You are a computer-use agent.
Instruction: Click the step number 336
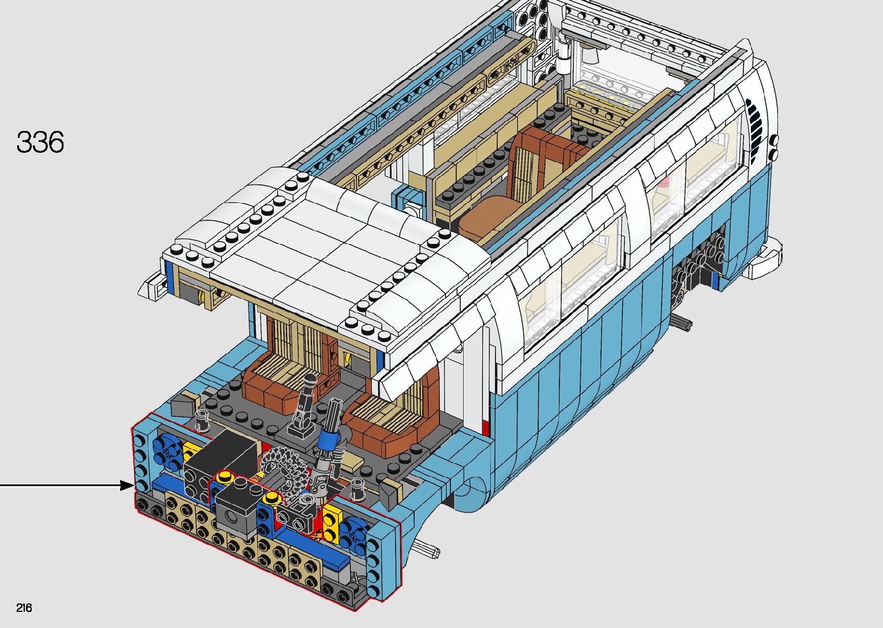pyautogui.click(x=40, y=142)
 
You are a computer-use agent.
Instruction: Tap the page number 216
pyautogui.click(x=24, y=607)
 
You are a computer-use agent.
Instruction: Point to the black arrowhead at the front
pyautogui.click(x=127, y=486)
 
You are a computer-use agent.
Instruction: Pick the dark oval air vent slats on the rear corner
pyautogui.click(x=754, y=130)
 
